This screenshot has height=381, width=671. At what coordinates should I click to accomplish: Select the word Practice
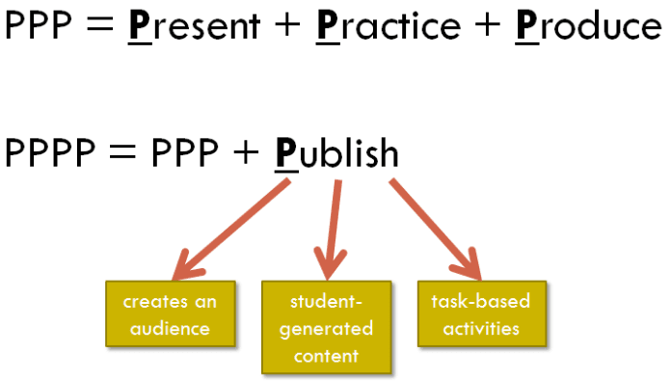click(x=387, y=25)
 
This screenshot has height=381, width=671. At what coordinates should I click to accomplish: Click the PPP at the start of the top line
click(x=40, y=25)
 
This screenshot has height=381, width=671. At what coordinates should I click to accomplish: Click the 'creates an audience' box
click(x=170, y=313)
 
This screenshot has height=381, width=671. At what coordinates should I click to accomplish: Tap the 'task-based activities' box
click(x=482, y=313)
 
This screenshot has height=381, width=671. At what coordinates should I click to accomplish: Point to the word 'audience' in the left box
click(x=170, y=328)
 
